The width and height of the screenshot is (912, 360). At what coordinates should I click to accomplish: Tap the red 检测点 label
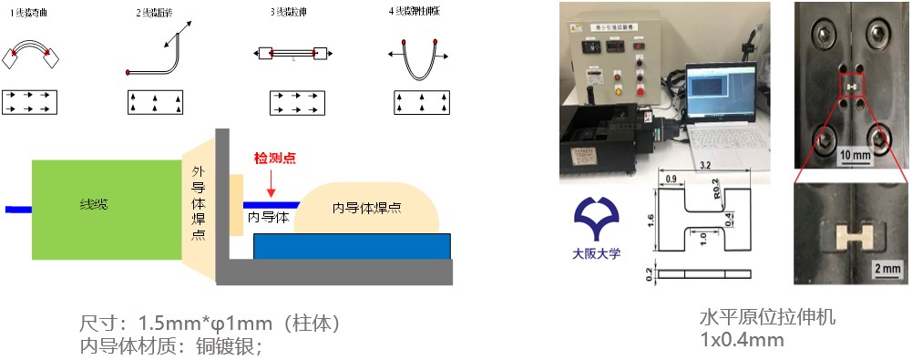274,159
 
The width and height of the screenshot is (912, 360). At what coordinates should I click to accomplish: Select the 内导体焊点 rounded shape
364,208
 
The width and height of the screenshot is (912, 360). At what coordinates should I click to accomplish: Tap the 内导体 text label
269,219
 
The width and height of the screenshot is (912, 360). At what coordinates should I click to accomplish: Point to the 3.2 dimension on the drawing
708,167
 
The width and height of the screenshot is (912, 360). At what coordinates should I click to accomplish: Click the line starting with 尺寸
210,323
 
